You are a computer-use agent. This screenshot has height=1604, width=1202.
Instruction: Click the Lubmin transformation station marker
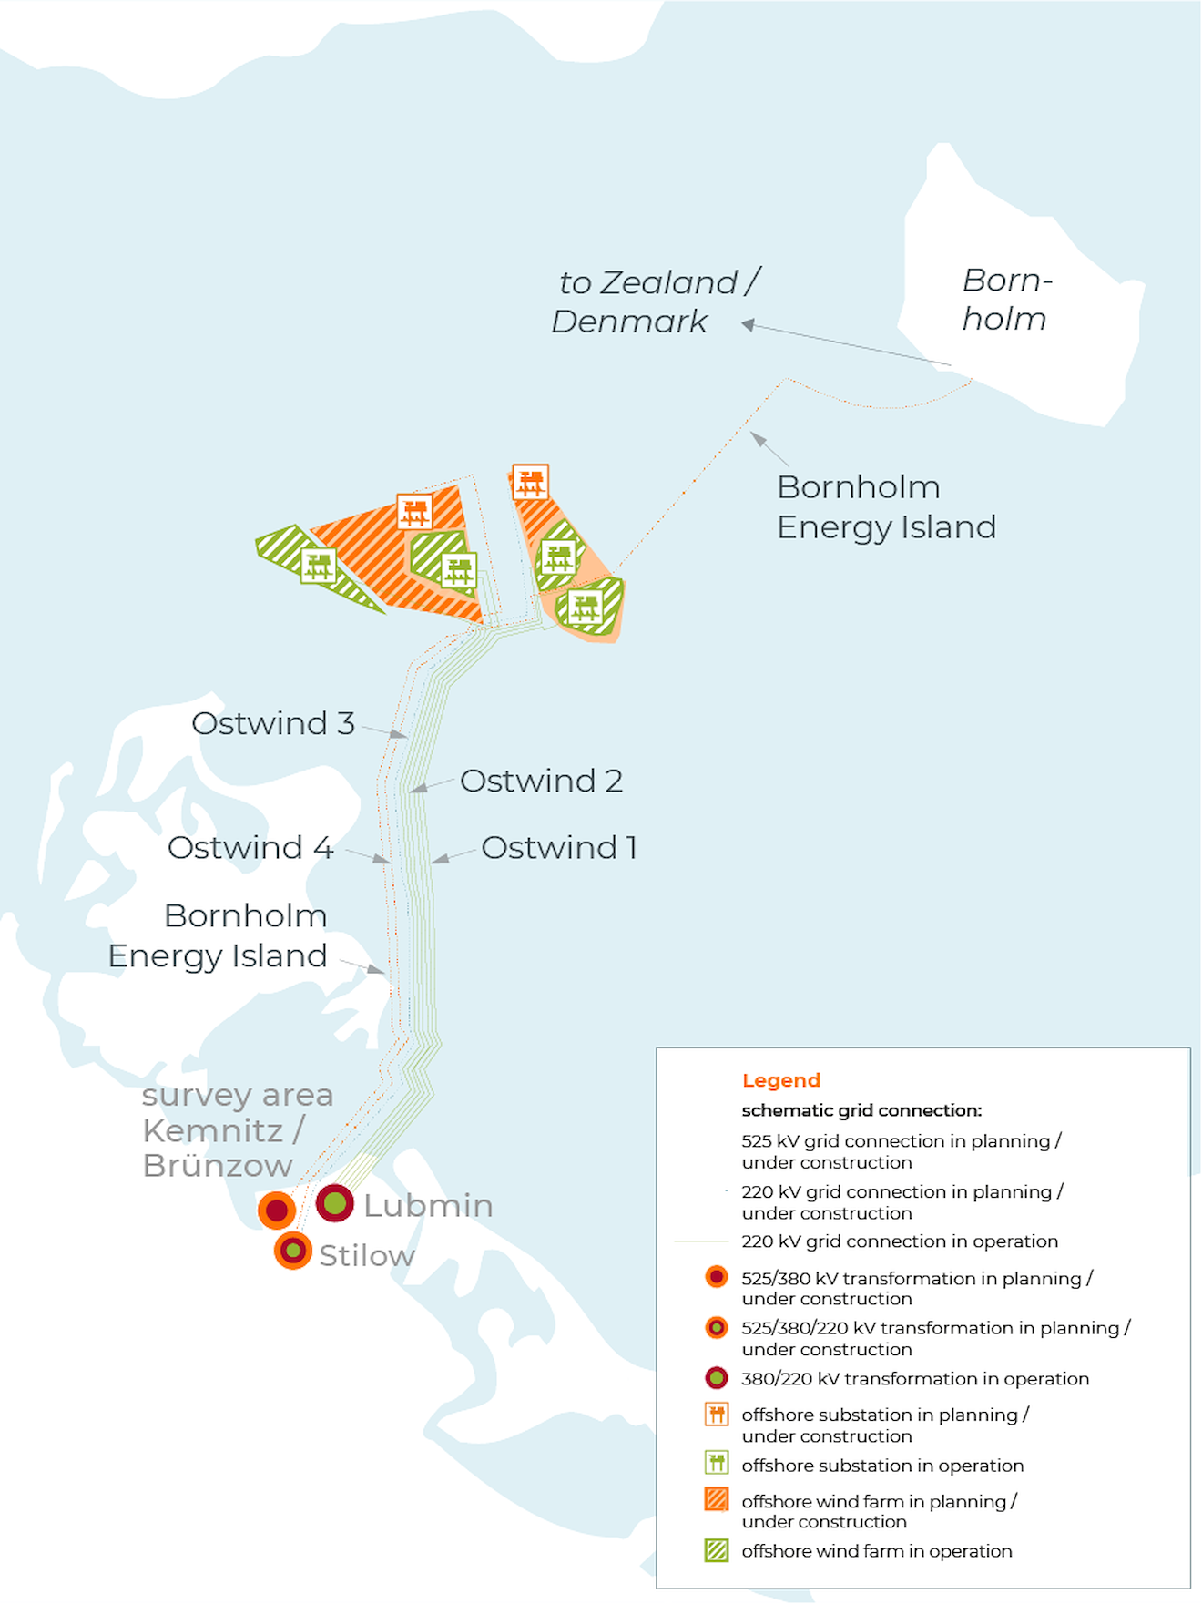[x=334, y=1203]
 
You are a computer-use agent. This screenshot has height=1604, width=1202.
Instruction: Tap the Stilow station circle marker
[x=293, y=1251]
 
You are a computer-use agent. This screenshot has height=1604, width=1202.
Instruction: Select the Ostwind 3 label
[x=273, y=723]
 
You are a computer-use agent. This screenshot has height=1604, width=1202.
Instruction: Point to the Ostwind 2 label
[x=541, y=781]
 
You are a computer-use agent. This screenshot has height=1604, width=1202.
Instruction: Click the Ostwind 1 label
[x=558, y=847]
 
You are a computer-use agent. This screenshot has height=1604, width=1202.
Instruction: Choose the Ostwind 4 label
[x=250, y=847]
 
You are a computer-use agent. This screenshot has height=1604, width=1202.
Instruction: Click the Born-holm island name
[x=1006, y=299]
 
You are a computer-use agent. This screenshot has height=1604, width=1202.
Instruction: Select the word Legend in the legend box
[x=781, y=1080]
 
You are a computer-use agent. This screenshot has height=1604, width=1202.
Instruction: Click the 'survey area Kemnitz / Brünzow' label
[x=236, y=1129]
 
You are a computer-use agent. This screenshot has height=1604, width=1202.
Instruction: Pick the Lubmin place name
[x=428, y=1205]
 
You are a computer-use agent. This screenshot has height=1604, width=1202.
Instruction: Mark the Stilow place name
[x=367, y=1255]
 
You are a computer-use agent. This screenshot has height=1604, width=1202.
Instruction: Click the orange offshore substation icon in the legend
[x=717, y=1415]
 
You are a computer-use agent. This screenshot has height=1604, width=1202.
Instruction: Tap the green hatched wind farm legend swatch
[x=717, y=1550]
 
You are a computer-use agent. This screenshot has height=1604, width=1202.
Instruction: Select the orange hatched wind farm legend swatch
[x=717, y=1499]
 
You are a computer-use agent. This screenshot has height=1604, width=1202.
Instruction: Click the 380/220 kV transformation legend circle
[x=717, y=1378]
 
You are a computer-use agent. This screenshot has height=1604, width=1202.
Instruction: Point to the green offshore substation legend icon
[x=717, y=1463]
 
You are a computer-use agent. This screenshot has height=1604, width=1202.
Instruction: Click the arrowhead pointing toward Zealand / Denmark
[x=748, y=324]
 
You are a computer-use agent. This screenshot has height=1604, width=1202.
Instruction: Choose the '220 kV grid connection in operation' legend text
[x=900, y=1241]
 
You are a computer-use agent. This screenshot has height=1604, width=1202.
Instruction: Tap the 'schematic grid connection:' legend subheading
[x=861, y=1110]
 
